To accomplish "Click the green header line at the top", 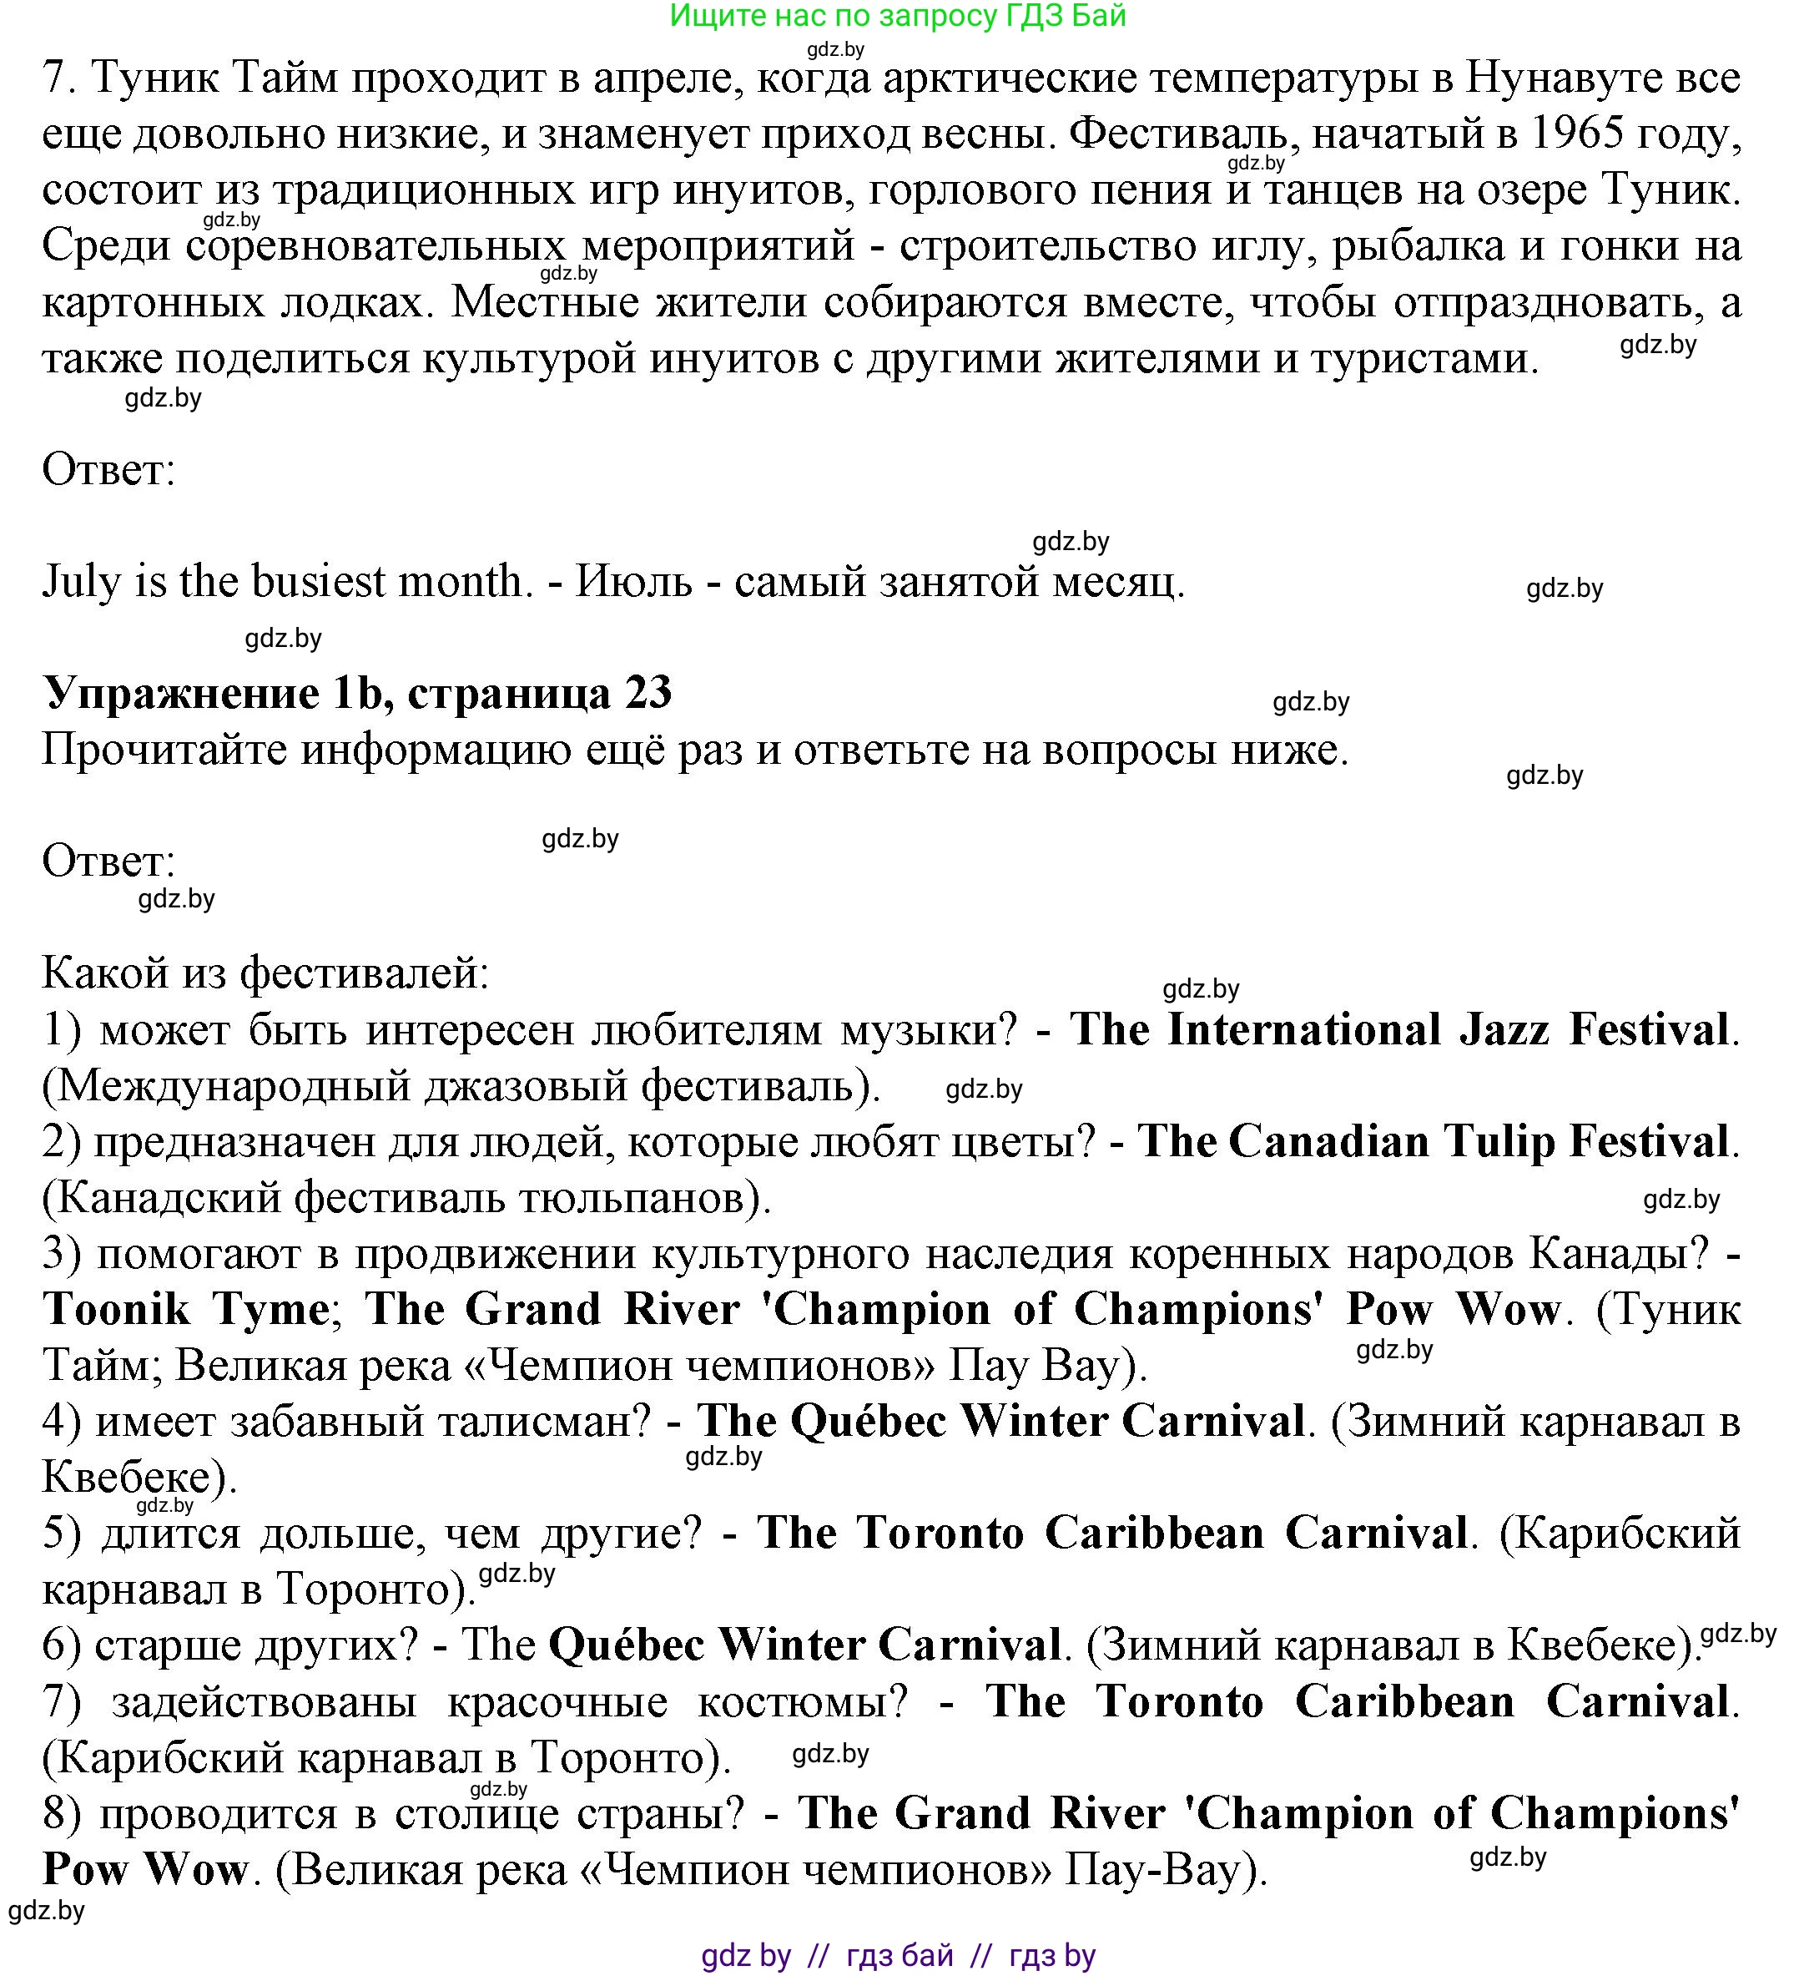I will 898,16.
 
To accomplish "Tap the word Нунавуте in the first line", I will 1559,78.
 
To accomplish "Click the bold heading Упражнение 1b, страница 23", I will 358,694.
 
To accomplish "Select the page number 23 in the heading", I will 648,694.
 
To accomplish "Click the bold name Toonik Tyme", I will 186,1311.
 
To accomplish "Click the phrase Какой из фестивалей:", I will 265,974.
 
